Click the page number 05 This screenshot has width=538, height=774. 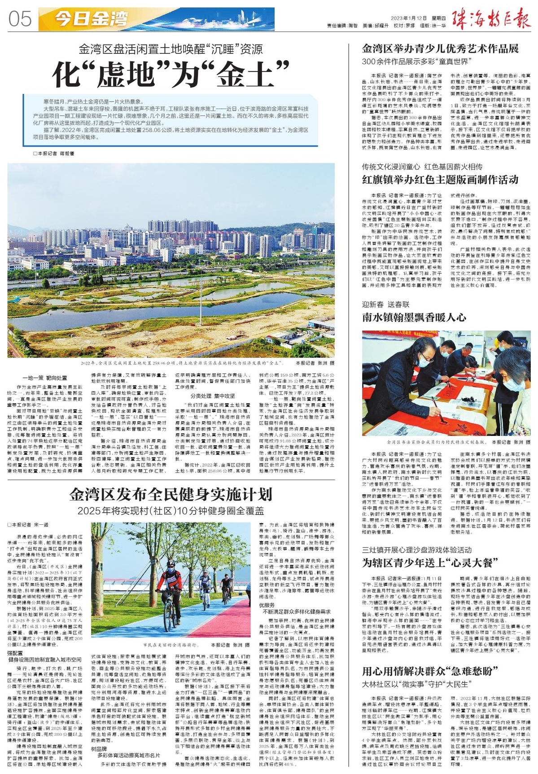coord(20,19)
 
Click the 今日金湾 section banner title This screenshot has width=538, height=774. coord(92,19)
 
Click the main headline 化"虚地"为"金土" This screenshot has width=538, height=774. coord(171,74)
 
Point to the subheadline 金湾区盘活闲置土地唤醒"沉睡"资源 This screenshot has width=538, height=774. coord(171,49)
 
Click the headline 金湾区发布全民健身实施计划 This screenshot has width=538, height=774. coord(171,494)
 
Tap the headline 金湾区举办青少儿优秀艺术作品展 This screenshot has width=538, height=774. coord(440,48)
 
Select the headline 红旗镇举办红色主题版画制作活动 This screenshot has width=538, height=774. coord(440,180)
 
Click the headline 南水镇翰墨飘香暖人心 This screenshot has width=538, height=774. coord(414,317)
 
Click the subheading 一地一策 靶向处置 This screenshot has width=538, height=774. coord(45,378)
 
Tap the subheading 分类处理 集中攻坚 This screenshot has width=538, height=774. coord(206,396)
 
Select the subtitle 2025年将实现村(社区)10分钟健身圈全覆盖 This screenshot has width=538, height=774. coord(171,511)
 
